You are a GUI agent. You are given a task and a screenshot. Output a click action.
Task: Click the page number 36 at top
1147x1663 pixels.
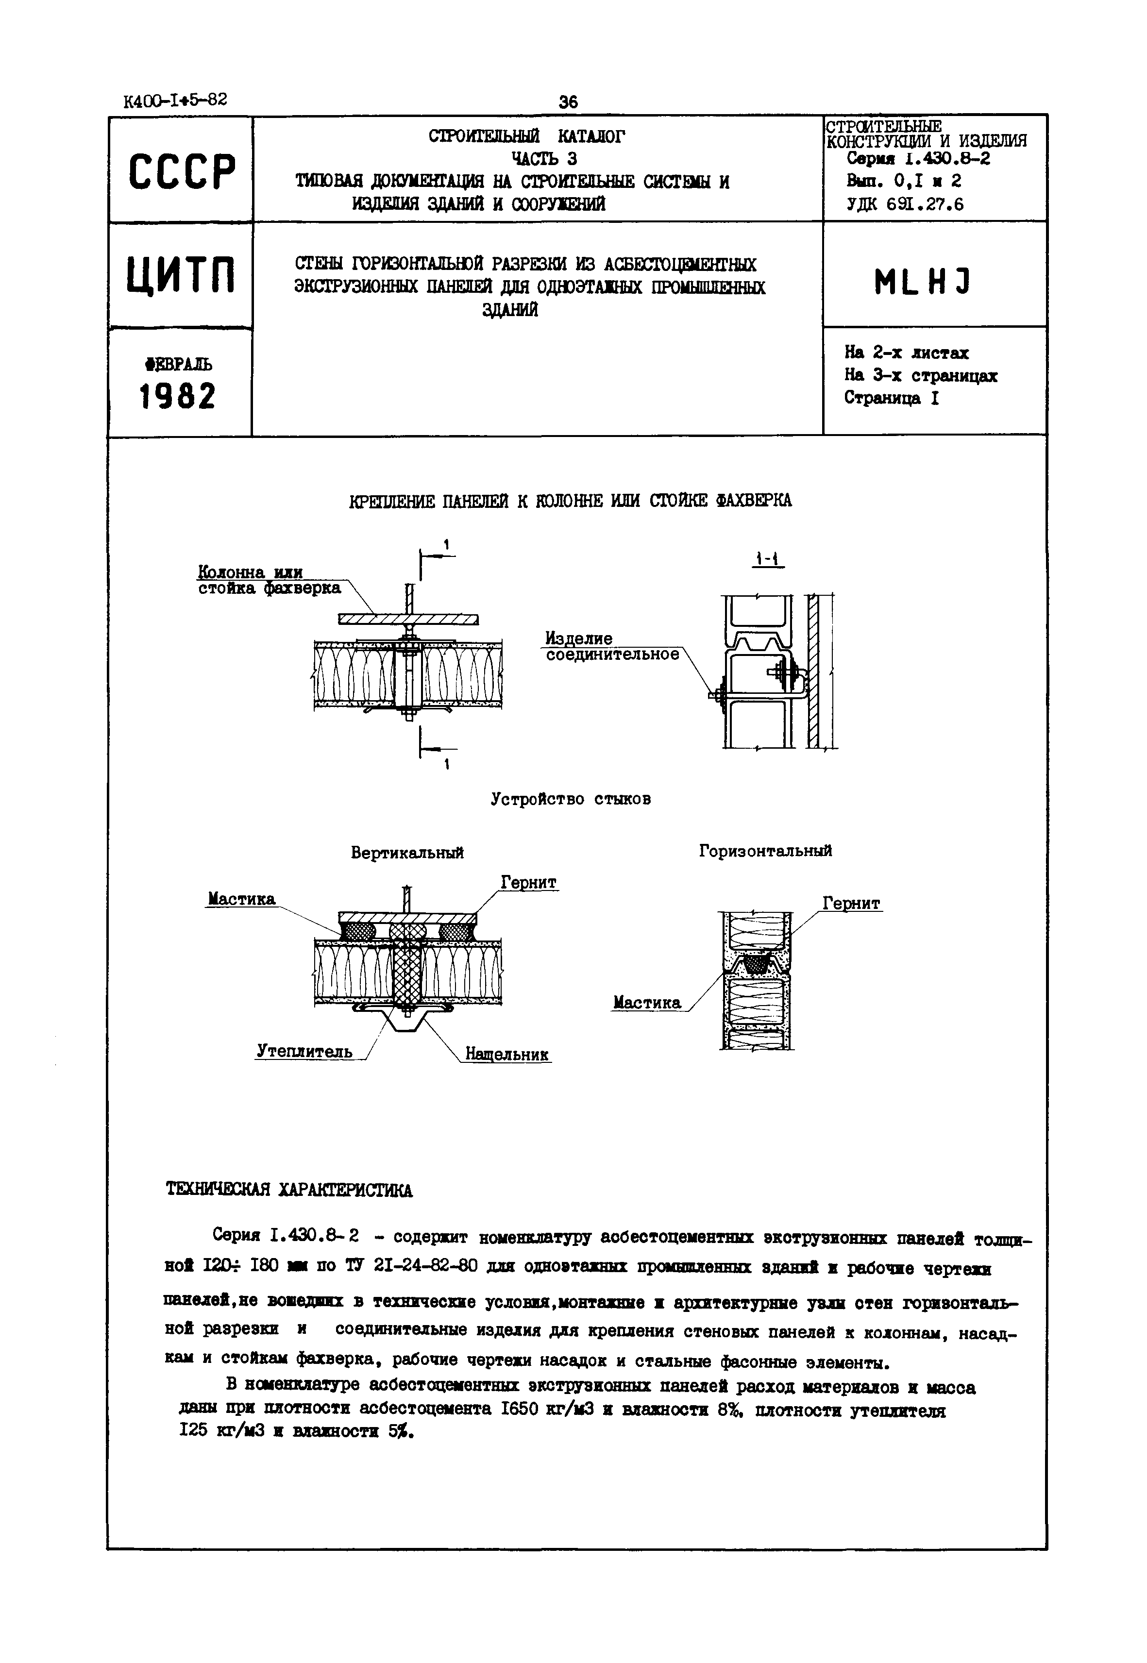tap(568, 102)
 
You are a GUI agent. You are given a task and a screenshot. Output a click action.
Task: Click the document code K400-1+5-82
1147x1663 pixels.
tap(175, 101)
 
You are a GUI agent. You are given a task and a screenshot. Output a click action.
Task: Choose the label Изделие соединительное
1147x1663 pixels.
tap(611, 646)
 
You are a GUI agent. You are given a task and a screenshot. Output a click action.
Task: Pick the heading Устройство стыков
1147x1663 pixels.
tap(571, 799)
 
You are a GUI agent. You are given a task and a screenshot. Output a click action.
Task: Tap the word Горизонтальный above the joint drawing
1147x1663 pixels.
tap(765, 851)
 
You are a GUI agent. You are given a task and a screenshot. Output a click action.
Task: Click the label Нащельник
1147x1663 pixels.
tap(507, 1054)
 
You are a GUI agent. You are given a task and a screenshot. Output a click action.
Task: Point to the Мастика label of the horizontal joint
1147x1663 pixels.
tap(647, 1003)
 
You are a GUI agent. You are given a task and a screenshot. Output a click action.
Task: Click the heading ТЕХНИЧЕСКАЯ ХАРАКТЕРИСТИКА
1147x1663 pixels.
tap(289, 1190)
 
